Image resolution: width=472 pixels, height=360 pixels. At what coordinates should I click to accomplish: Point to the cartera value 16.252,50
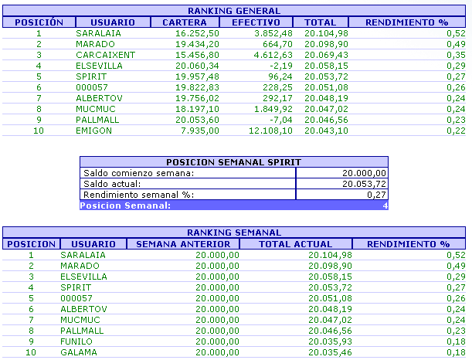[197, 34]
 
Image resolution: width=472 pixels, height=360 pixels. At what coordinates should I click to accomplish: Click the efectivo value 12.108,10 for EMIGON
[268, 131]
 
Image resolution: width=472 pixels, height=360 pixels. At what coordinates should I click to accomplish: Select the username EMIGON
[94, 131]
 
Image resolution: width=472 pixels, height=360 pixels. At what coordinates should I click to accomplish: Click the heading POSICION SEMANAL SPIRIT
[234, 162]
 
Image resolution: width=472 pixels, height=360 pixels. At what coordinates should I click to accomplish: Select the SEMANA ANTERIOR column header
[183, 244]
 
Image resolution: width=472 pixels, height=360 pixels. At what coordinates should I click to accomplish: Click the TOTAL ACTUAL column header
[296, 244]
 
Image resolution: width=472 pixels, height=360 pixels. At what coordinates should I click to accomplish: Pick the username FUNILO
[76, 341]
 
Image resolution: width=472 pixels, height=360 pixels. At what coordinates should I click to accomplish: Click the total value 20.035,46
[328, 352]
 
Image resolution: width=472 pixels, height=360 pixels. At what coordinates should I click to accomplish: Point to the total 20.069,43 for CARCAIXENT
[326, 56]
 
